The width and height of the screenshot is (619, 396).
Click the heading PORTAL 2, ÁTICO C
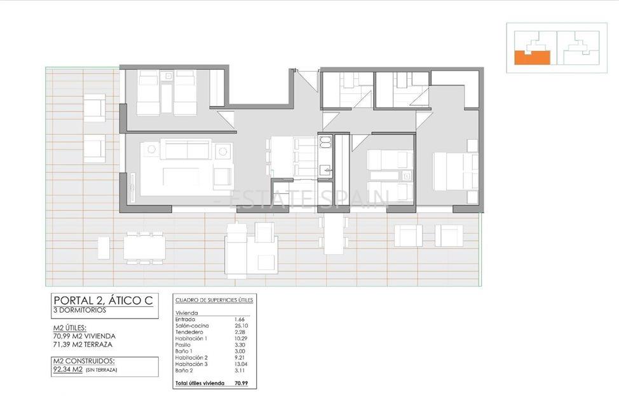coord(102,301)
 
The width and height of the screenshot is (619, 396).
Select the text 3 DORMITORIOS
coord(81,311)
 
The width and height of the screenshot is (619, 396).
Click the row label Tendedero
coord(189,332)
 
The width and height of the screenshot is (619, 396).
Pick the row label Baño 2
coord(185,370)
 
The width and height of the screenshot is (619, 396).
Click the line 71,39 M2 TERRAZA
coord(85,344)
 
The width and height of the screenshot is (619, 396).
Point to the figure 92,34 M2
coord(68,369)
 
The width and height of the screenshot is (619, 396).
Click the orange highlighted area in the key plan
coord(531,58)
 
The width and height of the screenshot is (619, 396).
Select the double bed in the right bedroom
coord(455,171)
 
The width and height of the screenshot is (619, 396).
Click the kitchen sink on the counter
coord(325,169)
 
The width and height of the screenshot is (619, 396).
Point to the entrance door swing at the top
coord(308,79)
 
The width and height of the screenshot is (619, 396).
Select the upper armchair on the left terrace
coord(94,108)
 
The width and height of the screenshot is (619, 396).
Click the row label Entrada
coord(187,319)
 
